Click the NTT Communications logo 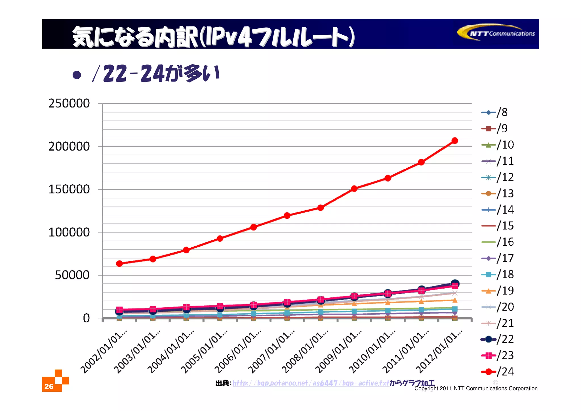pyautogui.click(x=496, y=33)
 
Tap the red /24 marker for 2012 pyautogui.click(x=455, y=141)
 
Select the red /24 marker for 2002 pyautogui.click(x=119, y=264)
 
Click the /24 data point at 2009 pyautogui.click(x=354, y=189)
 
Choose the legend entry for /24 pyautogui.click(x=498, y=372)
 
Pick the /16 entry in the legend pyautogui.click(x=498, y=242)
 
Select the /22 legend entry pyautogui.click(x=498, y=339)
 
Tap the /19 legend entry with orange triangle pyautogui.click(x=498, y=291)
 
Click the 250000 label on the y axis pyautogui.click(x=69, y=103)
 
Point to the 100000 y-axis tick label pyautogui.click(x=69, y=232)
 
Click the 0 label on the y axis pyautogui.click(x=86, y=318)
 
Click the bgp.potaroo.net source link pyautogui.click(x=311, y=383)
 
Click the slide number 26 pyautogui.click(x=49, y=386)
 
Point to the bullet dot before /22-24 pyautogui.click(x=77, y=75)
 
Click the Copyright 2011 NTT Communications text pyautogui.click(x=476, y=388)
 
